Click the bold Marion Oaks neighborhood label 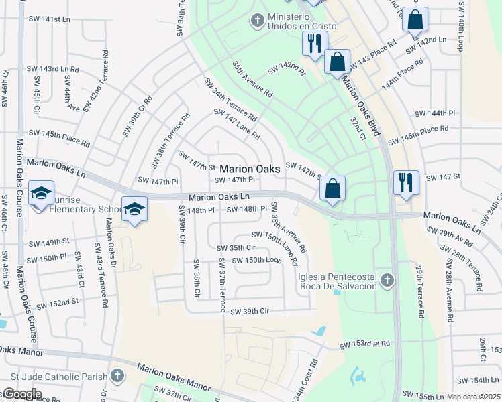click(x=250, y=170)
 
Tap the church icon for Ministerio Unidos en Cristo click(x=257, y=21)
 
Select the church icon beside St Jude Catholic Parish click(x=117, y=376)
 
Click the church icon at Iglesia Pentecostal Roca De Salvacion click(x=386, y=279)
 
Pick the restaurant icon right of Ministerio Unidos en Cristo click(x=313, y=42)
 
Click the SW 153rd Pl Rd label click(x=364, y=345)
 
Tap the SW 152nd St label click(x=58, y=304)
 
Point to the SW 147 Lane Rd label click(x=236, y=125)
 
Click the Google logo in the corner click(x=22, y=394)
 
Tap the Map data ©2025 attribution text click(x=474, y=397)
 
